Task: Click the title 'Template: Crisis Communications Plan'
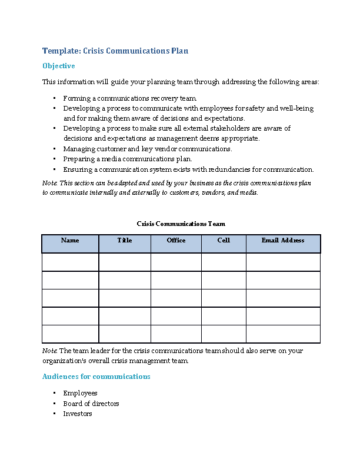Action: coord(115,51)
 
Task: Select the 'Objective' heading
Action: coord(59,66)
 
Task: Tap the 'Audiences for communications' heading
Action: coord(96,377)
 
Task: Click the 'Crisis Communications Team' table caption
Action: coord(181,224)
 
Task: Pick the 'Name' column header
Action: coord(70,241)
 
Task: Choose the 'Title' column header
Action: coord(125,241)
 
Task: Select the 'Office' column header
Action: coord(176,241)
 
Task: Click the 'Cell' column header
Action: coord(224,241)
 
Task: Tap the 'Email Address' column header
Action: coord(283,241)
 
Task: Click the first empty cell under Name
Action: coord(70,262)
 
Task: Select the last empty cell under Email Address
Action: coord(283,334)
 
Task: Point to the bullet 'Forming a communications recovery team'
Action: coord(129,98)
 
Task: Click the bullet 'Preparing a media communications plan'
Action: coord(128,159)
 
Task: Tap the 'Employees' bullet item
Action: coord(80,393)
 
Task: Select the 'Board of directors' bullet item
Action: coord(91,404)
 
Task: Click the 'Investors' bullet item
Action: coord(78,414)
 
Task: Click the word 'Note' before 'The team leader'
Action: coord(49,351)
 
